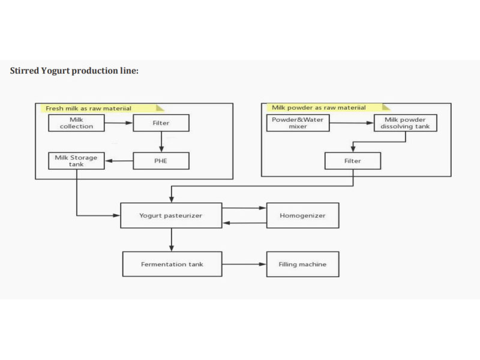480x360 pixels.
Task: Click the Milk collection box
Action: pyautogui.click(x=76, y=124)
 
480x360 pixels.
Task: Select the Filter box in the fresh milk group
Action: pyautogui.click(x=161, y=124)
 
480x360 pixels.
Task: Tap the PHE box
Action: pyautogui.click(x=161, y=161)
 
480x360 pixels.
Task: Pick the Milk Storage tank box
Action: pyautogui.click(x=76, y=161)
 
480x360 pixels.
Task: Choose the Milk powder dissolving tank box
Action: pyautogui.click(x=405, y=124)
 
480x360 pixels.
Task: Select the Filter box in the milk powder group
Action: pyautogui.click(x=352, y=161)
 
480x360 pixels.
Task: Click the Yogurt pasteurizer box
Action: pyautogui.click(x=172, y=215)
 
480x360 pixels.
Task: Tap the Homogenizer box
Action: pyautogui.click(x=302, y=215)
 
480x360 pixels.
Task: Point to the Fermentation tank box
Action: pyautogui.click(x=172, y=264)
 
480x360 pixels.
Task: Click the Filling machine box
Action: pyautogui.click(x=302, y=264)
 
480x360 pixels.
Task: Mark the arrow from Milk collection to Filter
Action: pyautogui.click(x=118, y=124)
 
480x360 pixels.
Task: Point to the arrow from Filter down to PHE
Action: pyautogui.click(x=161, y=142)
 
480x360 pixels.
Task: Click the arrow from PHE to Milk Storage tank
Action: pyautogui.click(x=119, y=161)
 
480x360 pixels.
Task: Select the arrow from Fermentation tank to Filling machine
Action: pyautogui.click(x=244, y=264)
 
